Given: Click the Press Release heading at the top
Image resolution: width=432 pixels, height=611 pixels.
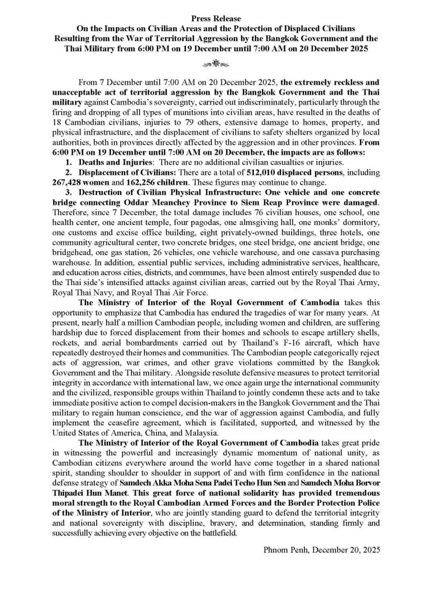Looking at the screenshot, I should tap(216, 19).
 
